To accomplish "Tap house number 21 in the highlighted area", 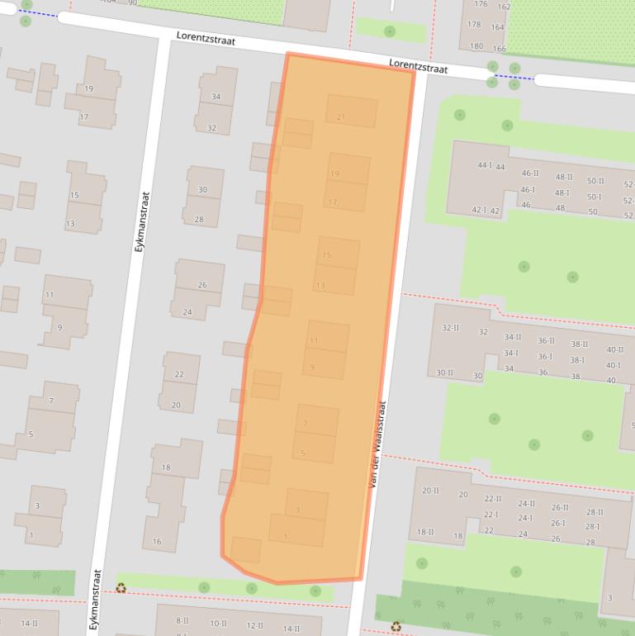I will point(341,117).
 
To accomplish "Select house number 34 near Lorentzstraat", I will point(216,97).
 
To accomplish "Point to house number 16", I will point(157,542).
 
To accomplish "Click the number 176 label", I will point(481,4).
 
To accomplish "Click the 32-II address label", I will point(450,328).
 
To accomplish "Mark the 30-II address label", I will point(444,373).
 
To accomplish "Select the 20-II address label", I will point(430,491).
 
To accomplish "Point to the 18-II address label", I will point(425,533).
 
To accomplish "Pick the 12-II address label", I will point(255,626).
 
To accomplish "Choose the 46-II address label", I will point(529,173).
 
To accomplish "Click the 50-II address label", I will point(595,181).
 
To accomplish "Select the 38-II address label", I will point(580,344).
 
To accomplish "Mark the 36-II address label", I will point(546,340).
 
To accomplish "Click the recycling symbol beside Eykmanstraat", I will point(121,588).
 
